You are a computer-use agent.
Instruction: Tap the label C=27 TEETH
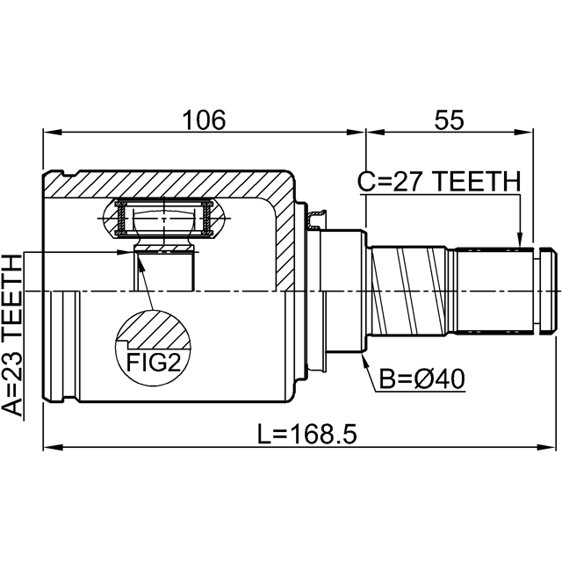[x=439, y=181]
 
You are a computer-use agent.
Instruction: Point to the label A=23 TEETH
[x=12, y=334]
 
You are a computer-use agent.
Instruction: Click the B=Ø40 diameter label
[x=422, y=379]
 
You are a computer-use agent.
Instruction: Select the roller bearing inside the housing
[x=163, y=219]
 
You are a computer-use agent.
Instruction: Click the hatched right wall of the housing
[x=283, y=237]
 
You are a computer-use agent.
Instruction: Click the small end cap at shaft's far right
[x=546, y=290]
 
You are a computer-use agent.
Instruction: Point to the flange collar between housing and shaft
[x=343, y=290]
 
